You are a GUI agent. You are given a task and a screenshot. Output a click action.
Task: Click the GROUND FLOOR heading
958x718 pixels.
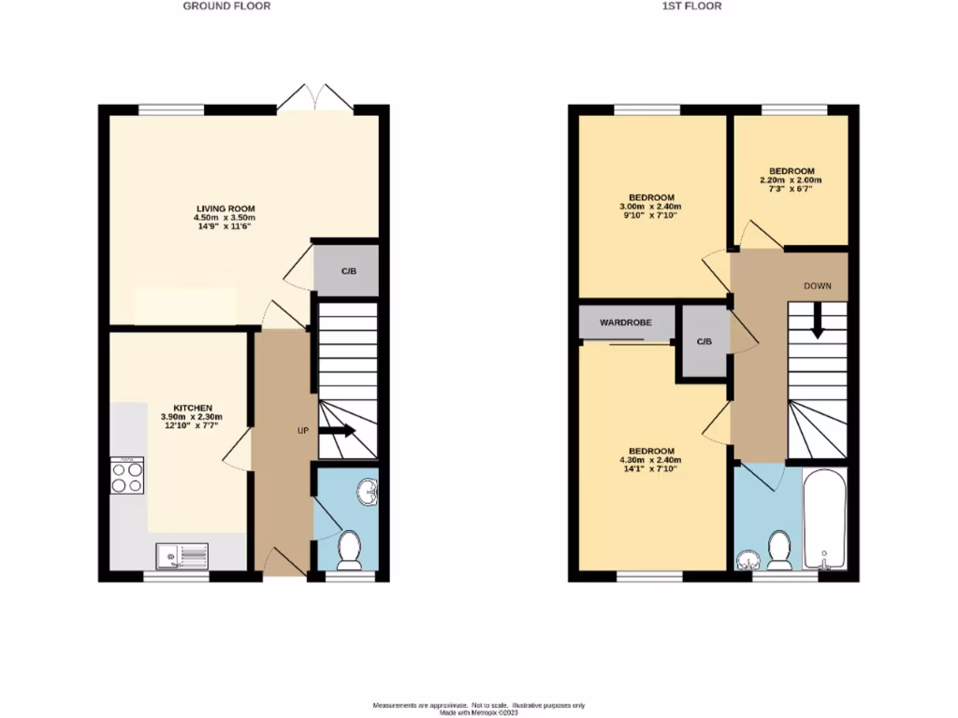tap(226, 6)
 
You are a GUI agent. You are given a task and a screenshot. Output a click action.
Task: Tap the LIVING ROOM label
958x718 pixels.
tap(225, 208)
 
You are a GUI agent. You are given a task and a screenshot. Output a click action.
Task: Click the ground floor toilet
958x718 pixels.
tap(349, 551)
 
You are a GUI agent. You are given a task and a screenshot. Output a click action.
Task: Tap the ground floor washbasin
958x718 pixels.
tap(369, 489)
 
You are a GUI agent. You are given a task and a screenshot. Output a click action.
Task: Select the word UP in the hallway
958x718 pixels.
tap(303, 431)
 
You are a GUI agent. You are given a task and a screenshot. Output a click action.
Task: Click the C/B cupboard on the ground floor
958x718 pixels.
tap(347, 271)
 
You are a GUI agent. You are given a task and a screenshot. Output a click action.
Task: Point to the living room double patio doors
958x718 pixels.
tap(314, 97)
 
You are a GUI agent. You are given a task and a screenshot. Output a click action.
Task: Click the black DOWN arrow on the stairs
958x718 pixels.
tap(817, 323)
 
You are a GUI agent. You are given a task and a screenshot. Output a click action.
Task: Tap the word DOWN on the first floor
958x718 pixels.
tap(817, 285)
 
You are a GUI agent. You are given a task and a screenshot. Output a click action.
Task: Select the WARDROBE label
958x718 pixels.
tap(625, 323)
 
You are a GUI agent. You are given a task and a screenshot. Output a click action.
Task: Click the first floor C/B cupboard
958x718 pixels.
tap(704, 341)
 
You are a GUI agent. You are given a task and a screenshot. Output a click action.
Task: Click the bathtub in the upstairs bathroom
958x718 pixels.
tap(824, 520)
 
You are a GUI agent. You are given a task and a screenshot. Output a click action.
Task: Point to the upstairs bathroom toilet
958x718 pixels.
tap(778, 551)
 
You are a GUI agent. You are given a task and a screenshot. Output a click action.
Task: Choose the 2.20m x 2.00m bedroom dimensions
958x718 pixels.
tap(791, 179)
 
